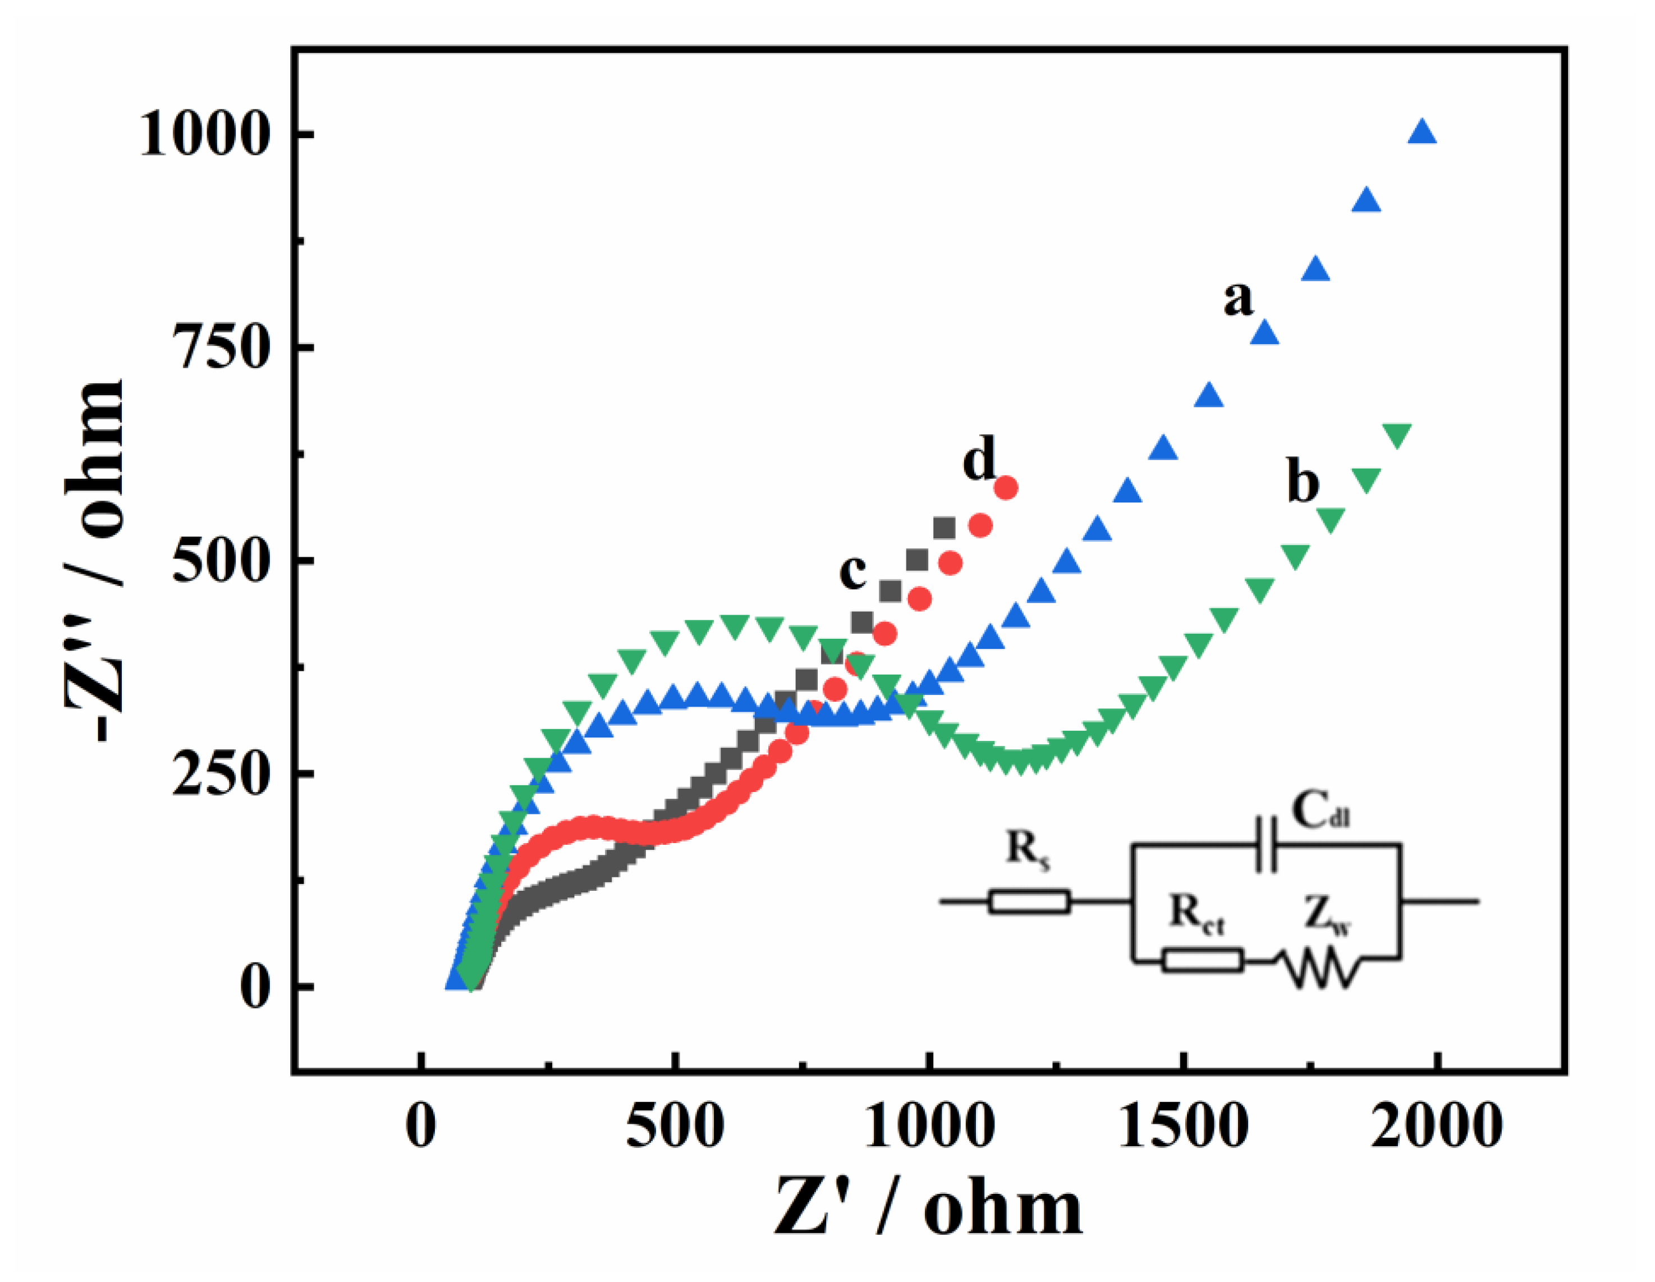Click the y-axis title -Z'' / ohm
click(95, 561)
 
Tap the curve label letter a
click(1238, 298)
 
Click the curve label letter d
click(979, 459)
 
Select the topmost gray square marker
click(943, 528)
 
